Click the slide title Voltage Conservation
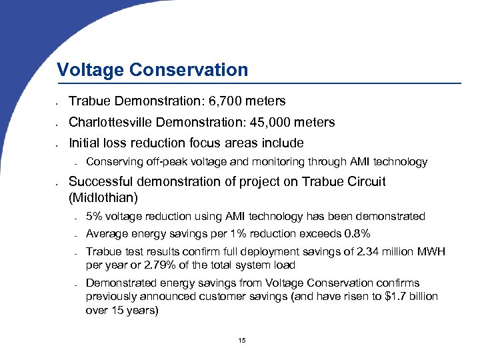point(152,70)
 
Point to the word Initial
point(83,143)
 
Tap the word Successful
point(100,181)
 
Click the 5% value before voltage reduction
point(94,217)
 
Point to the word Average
point(106,233)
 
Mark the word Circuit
point(365,181)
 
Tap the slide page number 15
point(241,341)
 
